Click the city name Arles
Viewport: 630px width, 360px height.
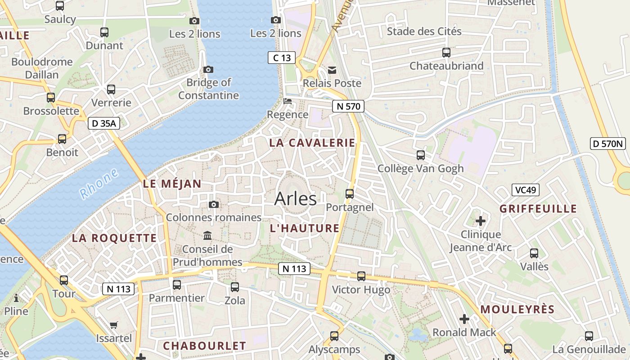(x=295, y=198)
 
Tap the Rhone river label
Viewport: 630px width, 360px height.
(x=99, y=184)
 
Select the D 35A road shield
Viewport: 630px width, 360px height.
(x=103, y=123)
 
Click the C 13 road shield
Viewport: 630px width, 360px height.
(x=282, y=58)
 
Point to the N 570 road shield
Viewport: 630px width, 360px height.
(x=348, y=106)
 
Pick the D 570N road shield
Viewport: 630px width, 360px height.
(x=608, y=144)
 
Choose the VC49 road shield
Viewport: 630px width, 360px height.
(x=525, y=190)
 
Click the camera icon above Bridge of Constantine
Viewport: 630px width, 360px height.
(x=208, y=69)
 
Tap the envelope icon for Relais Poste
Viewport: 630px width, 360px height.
(x=332, y=70)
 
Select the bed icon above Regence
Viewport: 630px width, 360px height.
(x=288, y=101)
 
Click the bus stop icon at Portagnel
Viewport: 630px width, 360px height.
(x=350, y=194)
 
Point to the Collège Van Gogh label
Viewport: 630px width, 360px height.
(x=420, y=168)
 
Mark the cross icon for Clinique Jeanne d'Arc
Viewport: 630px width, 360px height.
(x=481, y=221)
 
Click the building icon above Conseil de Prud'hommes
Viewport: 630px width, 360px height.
(x=207, y=235)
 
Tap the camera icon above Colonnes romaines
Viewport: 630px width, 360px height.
(x=214, y=205)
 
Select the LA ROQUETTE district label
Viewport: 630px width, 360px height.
(x=114, y=238)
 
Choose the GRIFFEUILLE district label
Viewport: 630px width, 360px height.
(x=538, y=209)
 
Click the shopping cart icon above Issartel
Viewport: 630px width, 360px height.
(x=114, y=325)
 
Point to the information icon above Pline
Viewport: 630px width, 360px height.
(x=16, y=298)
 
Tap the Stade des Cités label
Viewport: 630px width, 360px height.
(x=424, y=31)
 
